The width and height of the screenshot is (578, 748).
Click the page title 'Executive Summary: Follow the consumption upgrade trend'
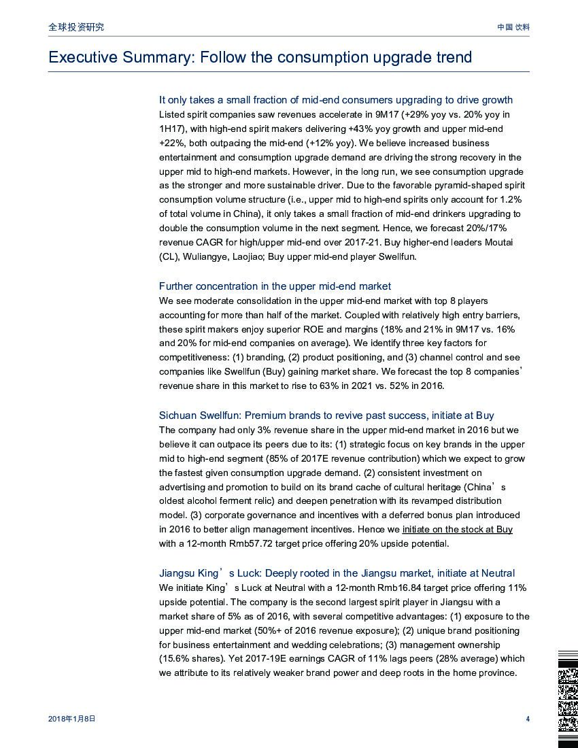click(x=260, y=57)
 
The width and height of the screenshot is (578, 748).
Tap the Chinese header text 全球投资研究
click(x=76, y=27)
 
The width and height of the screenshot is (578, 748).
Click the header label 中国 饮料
click(x=513, y=27)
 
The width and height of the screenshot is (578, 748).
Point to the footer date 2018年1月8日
click(x=72, y=719)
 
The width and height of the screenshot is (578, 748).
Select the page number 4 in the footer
click(x=528, y=719)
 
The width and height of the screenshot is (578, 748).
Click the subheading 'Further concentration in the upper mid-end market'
click(x=275, y=286)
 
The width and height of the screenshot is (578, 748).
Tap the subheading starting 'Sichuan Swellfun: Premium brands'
click(x=326, y=415)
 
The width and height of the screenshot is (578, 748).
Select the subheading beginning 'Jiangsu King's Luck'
click(x=337, y=573)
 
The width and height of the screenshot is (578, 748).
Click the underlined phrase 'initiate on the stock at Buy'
click(x=457, y=529)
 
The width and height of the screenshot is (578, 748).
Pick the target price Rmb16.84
click(x=401, y=588)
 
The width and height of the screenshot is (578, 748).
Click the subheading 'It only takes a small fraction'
click(x=335, y=100)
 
